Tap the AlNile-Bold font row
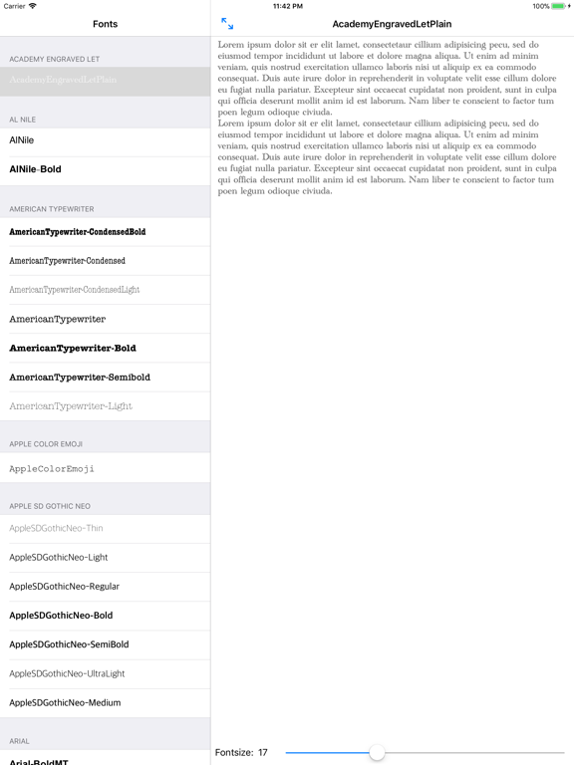pyautogui.click(x=105, y=169)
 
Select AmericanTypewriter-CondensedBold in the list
pyautogui.click(x=105, y=232)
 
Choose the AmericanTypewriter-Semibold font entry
pyautogui.click(x=105, y=378)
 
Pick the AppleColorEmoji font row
pyautogui.click(x=105, y=468)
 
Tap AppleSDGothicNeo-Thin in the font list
pyautogui.click(x=105, y=528)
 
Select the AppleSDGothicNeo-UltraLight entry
pyautogui.click(x=105, y=673)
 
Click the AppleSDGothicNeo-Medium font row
pyautogui.click(x=105, y=702)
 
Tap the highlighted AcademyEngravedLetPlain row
pyautogui.click(x=105, y=80)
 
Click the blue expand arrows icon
pyautogui.click(x=227, y=23)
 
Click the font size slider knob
pyautogui.click(x=377, y=752)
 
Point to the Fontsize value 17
pyautogui.click(x=263, y=752)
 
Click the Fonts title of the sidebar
pyautogui.click(x=105, y=24)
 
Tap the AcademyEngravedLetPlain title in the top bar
pyautogui.click(x=392, y=24)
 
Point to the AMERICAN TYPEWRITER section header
pyautogui.click(x=52, y=209)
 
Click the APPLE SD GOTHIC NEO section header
pyautogui.click(x=50, y=506)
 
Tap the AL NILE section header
pyautogui.click(x=23, y=120)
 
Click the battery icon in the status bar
pyautogui.click(x=560, y=6)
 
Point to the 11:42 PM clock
pyautogui.click(x=287, y=6)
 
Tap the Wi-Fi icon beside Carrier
pyautogui.click(x=33, y=6)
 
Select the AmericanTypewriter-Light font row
pyautogui.click(x=105, y=406)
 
